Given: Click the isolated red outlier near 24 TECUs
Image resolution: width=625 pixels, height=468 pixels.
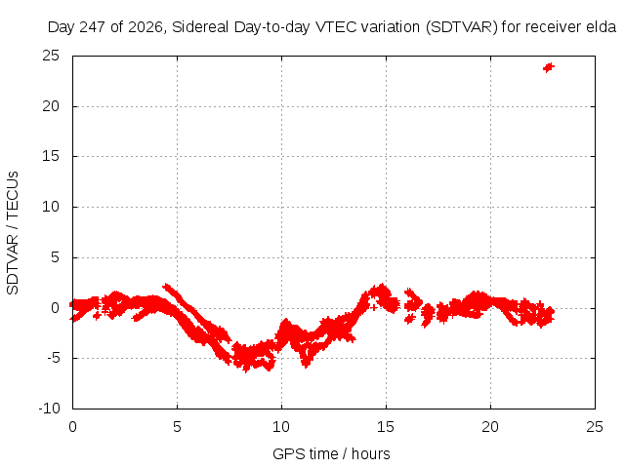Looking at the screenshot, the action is click(549, 67).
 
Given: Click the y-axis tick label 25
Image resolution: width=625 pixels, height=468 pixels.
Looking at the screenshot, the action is click(51, 56).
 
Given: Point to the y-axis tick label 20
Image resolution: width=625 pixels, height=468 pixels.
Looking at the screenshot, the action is click(51, 106).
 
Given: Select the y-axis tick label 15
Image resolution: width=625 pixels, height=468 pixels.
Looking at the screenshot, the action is click(51, 156).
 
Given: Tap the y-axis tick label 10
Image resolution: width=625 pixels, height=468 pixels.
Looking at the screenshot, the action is click(51, 207).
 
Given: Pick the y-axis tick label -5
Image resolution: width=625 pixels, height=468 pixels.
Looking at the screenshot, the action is click(53, 358).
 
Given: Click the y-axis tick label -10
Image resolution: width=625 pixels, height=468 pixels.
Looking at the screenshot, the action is click(49, 409).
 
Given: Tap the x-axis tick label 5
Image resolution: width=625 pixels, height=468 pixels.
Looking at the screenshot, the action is click(177, 427).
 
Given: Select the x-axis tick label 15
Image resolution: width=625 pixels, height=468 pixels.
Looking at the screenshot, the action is click(386, 427).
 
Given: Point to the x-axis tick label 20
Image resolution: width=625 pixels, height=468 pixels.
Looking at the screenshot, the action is click(490, 427).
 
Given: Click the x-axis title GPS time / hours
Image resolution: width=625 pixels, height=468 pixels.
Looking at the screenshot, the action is click(331, 453).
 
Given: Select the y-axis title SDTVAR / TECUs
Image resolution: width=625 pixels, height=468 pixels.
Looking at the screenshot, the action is click(13, 233).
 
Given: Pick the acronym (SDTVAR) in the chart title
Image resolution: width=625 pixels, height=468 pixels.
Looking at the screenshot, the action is click(461, 27).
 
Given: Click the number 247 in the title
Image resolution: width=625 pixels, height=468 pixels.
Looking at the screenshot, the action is click(93, 27).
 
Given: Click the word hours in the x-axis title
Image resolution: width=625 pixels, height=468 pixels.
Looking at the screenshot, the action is click(371, 453).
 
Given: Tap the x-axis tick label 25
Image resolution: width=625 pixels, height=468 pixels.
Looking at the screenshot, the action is click(595, 427).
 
